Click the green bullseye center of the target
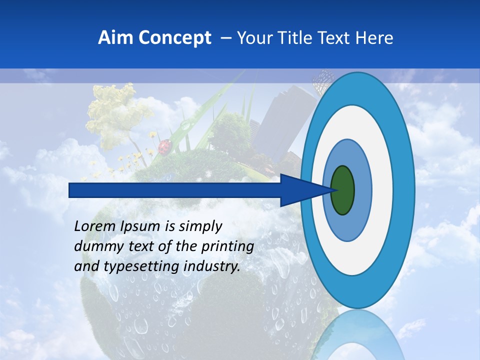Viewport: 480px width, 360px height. [x=342, y=190]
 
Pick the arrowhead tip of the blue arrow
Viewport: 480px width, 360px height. [x=330, y=190]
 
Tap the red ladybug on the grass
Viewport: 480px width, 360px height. [x=165, y=146]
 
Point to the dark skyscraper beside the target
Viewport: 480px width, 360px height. [x=282, y=117]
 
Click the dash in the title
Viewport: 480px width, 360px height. [x=225, y=38]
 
